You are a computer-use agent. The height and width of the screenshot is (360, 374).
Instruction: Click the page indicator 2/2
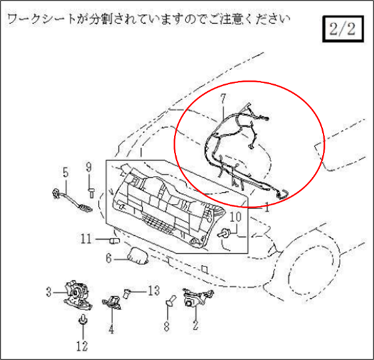click(342, 30)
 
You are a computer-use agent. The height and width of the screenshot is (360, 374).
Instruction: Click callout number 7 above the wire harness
click(223, 98)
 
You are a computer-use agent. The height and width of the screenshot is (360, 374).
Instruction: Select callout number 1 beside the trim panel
click(265, 207)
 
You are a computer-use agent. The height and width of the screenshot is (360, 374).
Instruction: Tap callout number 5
click(65, 172)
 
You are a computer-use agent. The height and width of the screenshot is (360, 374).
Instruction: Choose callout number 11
click(86, 238)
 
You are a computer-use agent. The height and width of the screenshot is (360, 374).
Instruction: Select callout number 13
click(154, 290)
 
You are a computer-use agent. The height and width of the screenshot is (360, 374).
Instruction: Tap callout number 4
click(111, 327)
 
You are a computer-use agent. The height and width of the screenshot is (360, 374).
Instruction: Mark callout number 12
click(82, 345)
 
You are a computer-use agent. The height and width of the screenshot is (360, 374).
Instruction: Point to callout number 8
click(167, 326)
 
